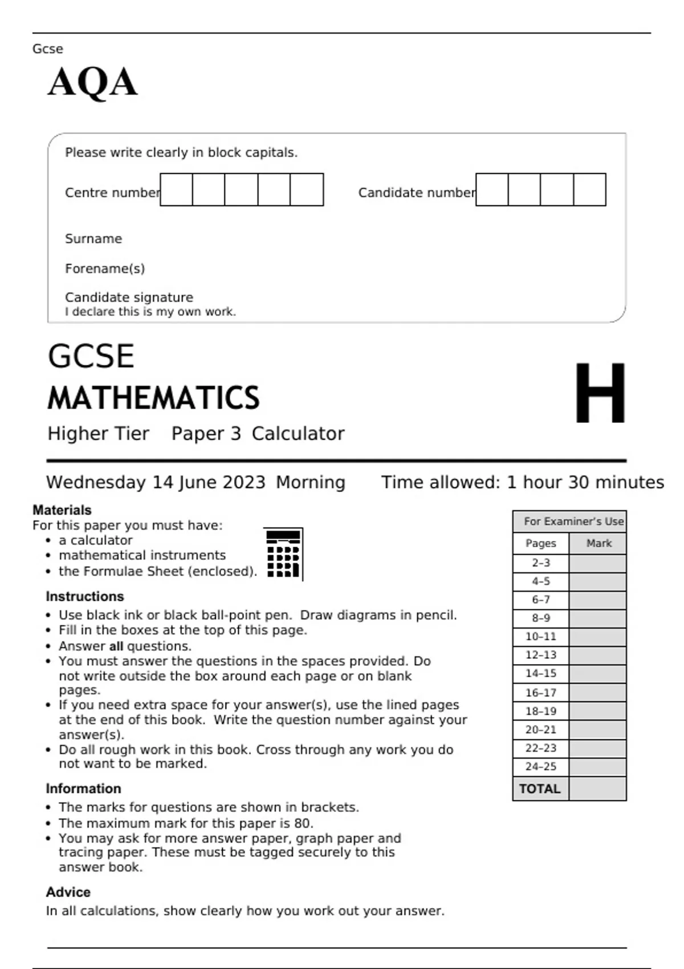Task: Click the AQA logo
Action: tap(92, 83)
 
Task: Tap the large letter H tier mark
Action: tap(600, 393)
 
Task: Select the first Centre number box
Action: tap(176, 190)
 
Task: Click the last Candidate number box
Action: tap(589, 190)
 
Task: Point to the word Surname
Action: tap(93, 239)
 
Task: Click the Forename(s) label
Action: tap(105, 268)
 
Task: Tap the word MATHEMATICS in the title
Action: tap(153, 398)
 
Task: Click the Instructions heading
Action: tap(85, 596)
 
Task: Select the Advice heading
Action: tap(68, 892)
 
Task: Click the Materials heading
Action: tap(62, 510)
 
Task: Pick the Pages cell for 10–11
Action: tap(540, 637)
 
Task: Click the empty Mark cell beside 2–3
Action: tap(597, 563)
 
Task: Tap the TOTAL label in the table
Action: tap(540, 789)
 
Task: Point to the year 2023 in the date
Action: tap(244, 482)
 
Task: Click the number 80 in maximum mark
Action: tap(303, 823)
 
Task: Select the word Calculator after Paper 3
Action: tap(298, 434)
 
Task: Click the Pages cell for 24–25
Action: tap(540, 767)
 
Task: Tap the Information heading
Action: tap(84, 788)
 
